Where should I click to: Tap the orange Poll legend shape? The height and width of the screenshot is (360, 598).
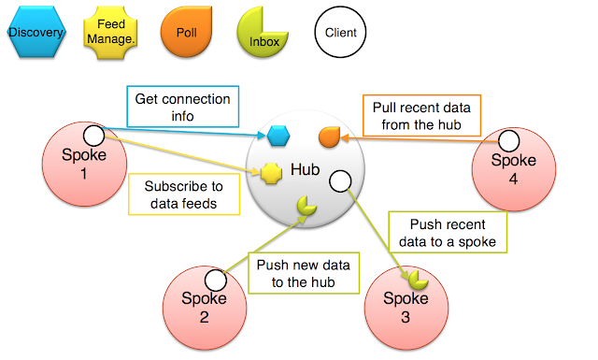tap(187, 34)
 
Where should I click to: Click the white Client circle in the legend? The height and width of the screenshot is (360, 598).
tap(340, 34)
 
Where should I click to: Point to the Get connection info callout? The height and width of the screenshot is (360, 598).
tap(181, 109)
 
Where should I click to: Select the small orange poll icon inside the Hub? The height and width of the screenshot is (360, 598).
tap(329, 137)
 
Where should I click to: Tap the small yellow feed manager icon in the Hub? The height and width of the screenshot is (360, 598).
tap(271, 173)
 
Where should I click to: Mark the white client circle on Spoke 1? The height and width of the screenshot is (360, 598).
tap(93, 134)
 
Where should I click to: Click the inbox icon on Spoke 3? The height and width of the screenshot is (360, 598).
tap(417, 279)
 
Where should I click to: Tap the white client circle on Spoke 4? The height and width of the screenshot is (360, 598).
tap(509, 141)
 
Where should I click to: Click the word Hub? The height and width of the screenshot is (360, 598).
tap(306, 170)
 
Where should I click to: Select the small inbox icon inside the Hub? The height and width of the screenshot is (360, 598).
tap(306, 204)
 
